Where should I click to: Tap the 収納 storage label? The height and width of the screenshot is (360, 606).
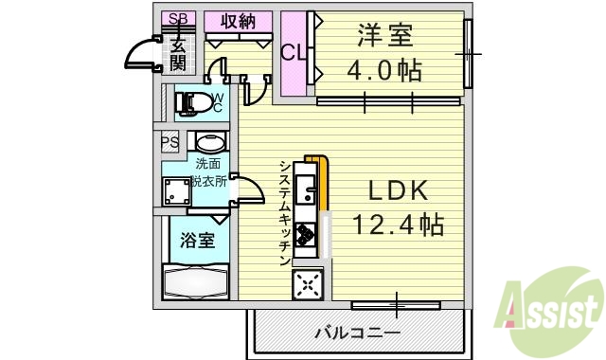[239, 22]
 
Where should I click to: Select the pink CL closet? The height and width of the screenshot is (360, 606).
[293, 53]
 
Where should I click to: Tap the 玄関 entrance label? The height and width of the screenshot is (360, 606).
[177, 53]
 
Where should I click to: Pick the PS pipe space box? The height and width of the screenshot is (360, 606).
[169, 143]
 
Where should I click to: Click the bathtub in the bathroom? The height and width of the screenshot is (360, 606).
[195, 282]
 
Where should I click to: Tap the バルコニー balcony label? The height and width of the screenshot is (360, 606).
[356, 333]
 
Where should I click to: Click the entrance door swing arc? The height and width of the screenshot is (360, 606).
[142, 54]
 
